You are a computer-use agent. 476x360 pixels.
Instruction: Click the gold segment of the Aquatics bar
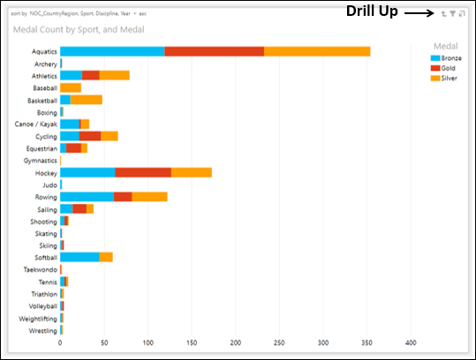coord(214,51)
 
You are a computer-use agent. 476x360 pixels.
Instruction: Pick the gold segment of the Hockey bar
coord(142,173)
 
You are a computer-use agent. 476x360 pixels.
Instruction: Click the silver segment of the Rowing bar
coord(149,197)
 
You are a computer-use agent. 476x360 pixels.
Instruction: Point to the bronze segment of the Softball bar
coord(79,257)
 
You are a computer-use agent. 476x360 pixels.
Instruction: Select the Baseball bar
coord(71,88)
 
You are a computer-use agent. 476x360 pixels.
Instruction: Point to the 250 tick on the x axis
coord(279,342)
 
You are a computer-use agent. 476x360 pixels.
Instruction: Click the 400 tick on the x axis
coord(410,342)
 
